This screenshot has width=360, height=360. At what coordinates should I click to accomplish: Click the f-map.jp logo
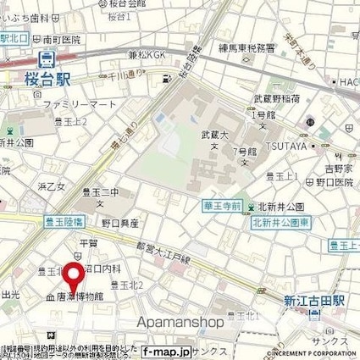click(x=160, y=351)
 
